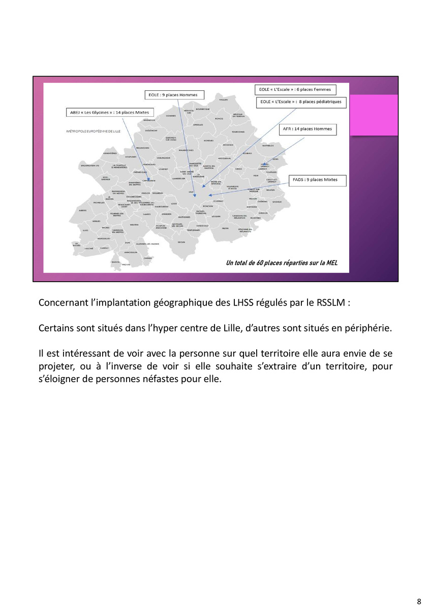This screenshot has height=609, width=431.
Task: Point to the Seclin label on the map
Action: (x=181, y=242)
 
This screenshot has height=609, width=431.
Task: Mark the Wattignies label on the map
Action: (x=183, y=217)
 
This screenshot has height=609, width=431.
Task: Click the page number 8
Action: (x=419, y=602)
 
